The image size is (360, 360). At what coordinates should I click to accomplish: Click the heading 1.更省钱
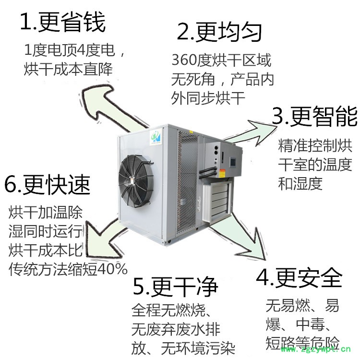63,22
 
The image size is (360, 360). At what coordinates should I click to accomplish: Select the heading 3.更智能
314,117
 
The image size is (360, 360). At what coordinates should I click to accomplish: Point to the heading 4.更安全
299,277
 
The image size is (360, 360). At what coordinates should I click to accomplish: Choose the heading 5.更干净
175,287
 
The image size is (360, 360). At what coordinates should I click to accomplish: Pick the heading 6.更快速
48,185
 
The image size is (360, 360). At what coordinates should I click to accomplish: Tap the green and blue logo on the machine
156,136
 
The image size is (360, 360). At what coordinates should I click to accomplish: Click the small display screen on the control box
233,162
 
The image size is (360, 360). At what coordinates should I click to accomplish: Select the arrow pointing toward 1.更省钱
108,106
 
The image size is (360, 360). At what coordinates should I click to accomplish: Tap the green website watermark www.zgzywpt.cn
315,349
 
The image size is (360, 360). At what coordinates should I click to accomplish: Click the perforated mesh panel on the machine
188,181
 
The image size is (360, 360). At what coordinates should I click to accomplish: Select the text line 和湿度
300,184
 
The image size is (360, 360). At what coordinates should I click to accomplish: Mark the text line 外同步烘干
208,98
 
